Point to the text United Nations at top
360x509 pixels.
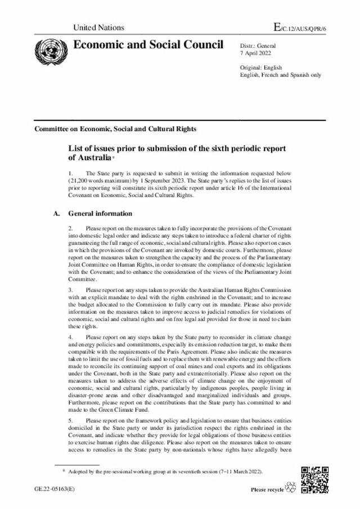tap(99, 28)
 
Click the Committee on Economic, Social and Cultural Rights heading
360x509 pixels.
tap(115, 129)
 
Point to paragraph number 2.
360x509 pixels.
tap(70, 229)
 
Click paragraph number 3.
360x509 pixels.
tap(70, 290)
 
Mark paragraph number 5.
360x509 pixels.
tap(70, 420)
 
